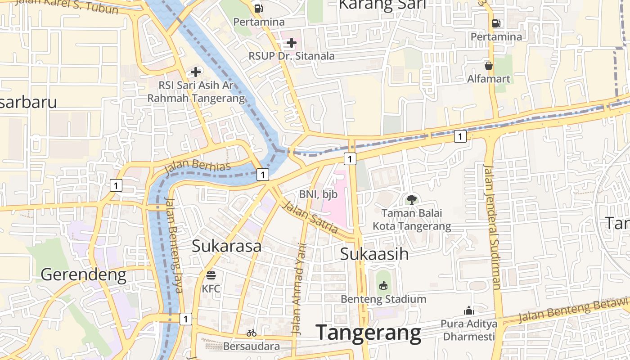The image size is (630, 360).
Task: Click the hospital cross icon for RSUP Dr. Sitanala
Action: (x=292, y=43)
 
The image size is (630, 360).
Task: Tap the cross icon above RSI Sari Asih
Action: (x=196, y=72)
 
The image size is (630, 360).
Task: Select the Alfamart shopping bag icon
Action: (x=489, y=66)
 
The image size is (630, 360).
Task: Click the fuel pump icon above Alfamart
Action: (x=496, y=23)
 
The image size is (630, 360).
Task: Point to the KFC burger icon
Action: (x=211, y=275)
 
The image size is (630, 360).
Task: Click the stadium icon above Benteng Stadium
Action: (x=383, y=286)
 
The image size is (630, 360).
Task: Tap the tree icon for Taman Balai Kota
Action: (x=411, y=200)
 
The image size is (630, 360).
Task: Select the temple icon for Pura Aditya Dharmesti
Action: (x=469, y=310)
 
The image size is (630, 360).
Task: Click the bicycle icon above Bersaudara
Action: (x=252, y=333)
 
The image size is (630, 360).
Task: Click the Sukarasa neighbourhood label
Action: (x=226, y=246)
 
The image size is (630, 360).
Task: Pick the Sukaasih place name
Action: (x=374, y=254)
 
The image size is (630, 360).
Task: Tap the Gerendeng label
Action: (x=83, y=274)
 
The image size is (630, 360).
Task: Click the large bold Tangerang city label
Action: (x=369, y=333)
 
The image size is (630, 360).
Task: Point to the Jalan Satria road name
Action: (x=309, y=217)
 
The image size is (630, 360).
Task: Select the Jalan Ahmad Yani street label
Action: (x=299, y=289)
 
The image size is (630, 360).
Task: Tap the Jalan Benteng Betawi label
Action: (x=573, y=310)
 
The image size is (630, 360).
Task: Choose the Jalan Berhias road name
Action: (x=198, y=166)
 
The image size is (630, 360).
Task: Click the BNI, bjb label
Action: (x=318, y=194)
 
